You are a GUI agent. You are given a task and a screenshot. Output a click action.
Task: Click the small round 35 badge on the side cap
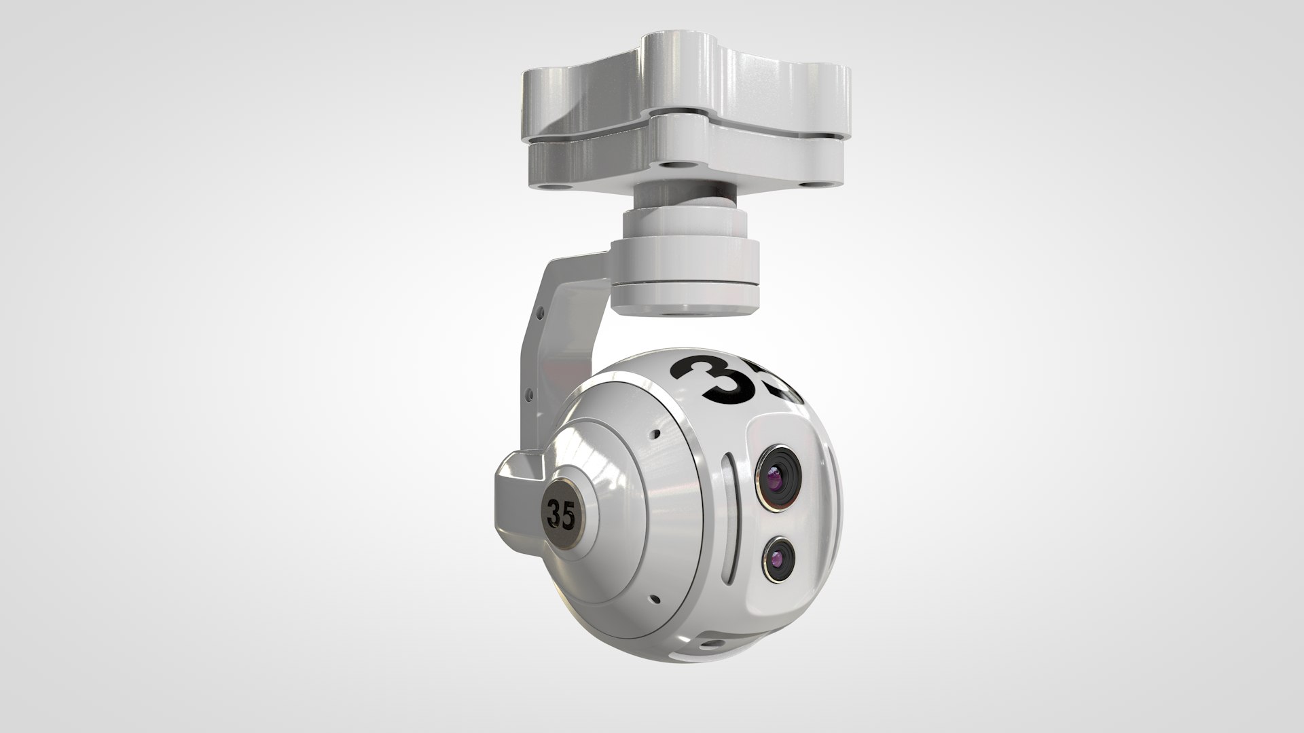[x=561, y=516]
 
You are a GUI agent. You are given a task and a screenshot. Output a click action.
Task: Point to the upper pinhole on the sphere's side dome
[x=655, y=434]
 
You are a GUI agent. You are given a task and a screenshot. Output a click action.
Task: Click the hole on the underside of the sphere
[x=711, y=643]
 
